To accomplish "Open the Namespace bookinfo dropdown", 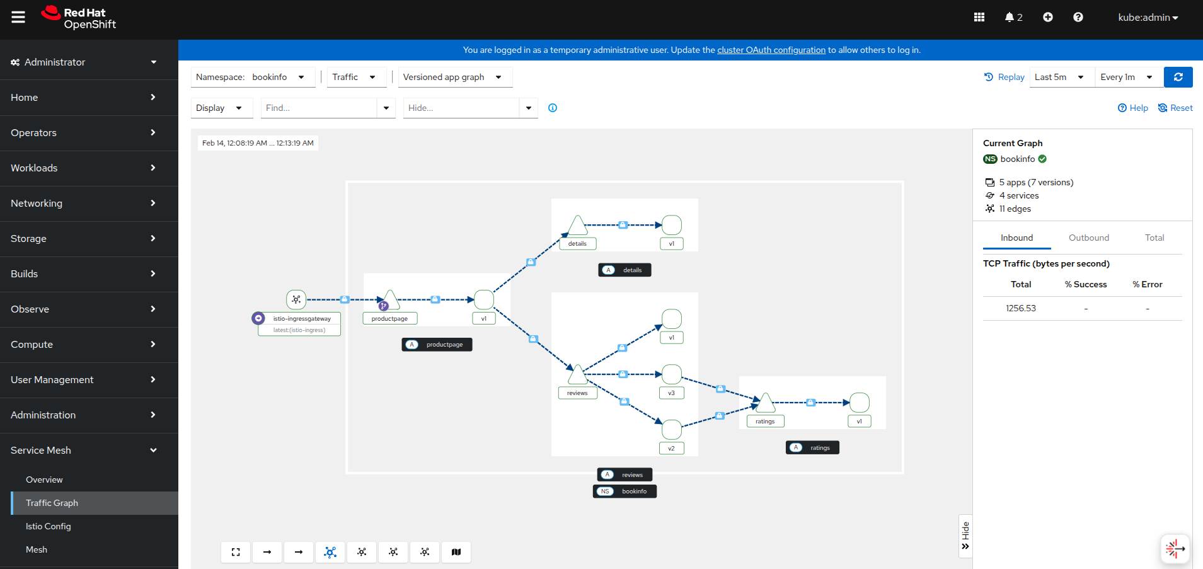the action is (251, 77).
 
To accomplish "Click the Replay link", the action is (1004, 77).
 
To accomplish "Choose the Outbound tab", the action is (1089, 238).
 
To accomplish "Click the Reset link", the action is (1175, 108).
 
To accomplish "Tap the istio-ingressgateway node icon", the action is (296, 299).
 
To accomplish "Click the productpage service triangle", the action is (391, 299).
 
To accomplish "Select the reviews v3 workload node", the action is (672, 374).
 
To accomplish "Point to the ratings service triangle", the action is (765, 403).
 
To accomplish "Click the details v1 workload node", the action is (672, 225).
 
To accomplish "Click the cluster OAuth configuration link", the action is (771, 50).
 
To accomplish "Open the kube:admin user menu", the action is (1148, 18).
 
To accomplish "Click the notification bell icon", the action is (1010, 17).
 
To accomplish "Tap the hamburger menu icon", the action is (18, 17).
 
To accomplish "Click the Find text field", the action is (319, 108).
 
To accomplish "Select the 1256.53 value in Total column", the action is (1021, 308).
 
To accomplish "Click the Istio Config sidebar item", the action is (49, 526).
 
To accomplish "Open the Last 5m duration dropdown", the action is (1061, 77).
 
